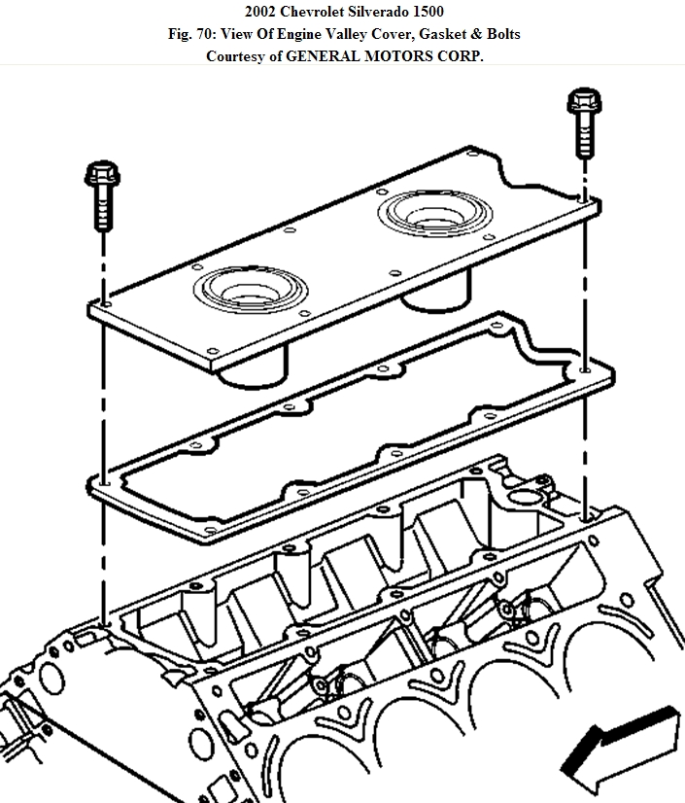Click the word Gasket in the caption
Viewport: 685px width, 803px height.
[441, 33]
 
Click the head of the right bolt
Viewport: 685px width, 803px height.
[583, 99]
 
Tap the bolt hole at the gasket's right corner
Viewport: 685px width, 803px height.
[583, 370]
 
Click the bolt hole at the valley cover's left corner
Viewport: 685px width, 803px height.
[103, 304]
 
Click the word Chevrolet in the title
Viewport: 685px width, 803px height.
[310, 11]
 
